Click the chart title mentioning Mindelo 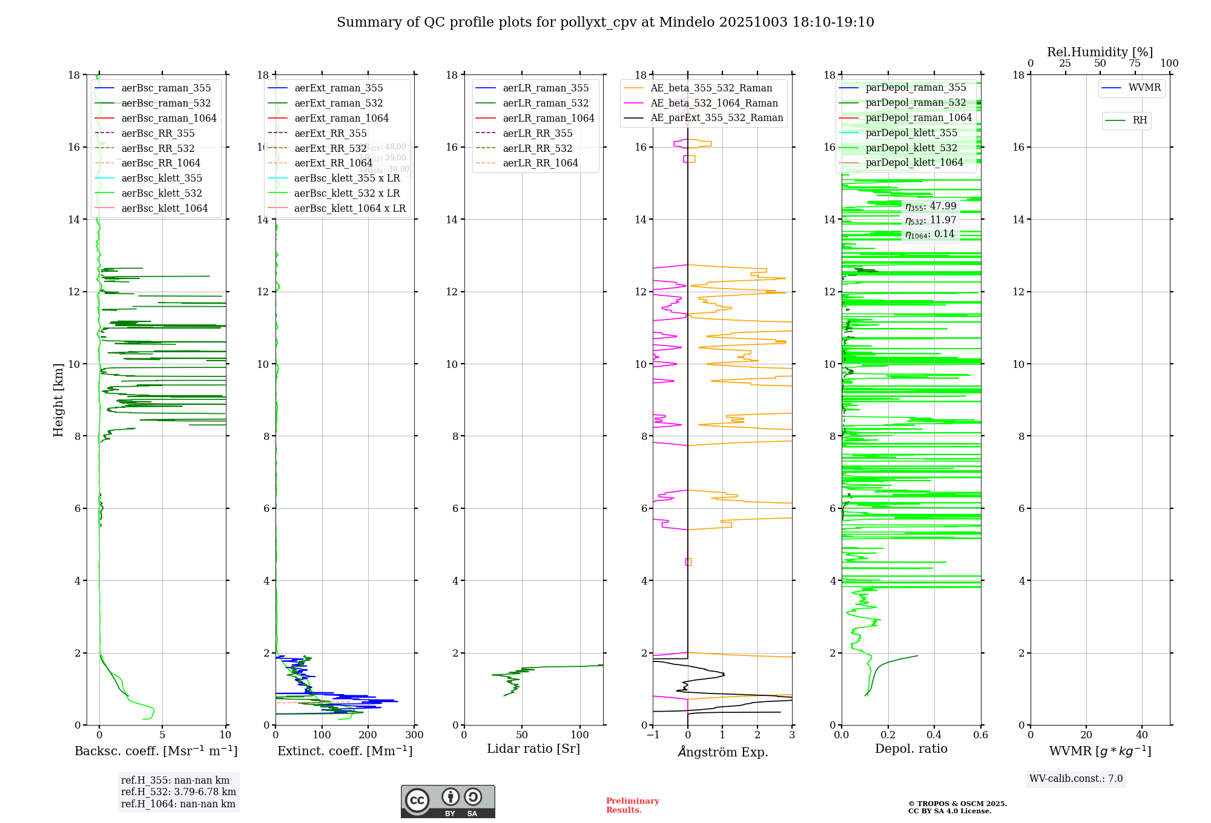coord(605,22)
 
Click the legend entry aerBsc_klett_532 coord(161,193)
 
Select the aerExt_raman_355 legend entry coord(338,88)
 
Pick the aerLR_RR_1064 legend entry coord(540,163)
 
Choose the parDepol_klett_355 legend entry coord(911,133)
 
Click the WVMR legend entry coord(1144,88)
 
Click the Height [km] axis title coord(58,400)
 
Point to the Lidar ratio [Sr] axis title coord(533,749)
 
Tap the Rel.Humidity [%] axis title coord(1100,52)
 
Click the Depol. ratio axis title coord(911,749)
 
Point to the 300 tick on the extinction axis coord(415,735)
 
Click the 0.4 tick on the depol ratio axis coord(934,735)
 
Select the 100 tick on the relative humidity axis coord(1169,64)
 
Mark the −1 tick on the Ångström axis coord(653,735)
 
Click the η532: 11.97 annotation coord(931,220)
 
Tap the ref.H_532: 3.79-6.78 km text coord(178,792)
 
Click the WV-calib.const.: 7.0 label coord(1076,779)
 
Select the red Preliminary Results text coord(632,805)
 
